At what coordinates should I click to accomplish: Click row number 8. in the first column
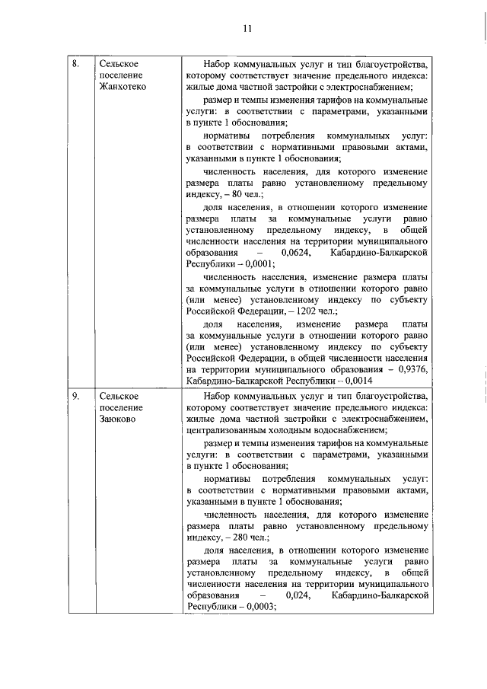click(x=75, y=63)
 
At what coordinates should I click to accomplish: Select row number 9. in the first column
click(x=75, y=396)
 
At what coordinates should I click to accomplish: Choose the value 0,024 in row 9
click(x=298, y=595)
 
